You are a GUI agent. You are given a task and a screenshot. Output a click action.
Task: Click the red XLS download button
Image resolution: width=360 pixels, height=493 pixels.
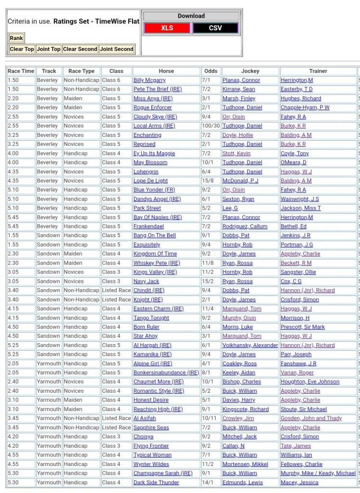pos(167,28)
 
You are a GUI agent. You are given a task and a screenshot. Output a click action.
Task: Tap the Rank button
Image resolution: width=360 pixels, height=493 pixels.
pos(16,38)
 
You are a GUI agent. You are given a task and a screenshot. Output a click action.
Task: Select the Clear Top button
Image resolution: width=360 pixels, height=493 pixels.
pos(22,49)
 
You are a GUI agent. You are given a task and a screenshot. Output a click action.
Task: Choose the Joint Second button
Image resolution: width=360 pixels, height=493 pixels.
pos(117,49)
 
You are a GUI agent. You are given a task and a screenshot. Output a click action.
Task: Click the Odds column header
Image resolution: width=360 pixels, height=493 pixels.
pos(211,71)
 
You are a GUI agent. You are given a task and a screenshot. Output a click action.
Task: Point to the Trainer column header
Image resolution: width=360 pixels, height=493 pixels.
pos(318,71)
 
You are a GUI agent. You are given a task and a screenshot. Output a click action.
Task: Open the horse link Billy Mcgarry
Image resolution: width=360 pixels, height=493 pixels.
pos(149,80)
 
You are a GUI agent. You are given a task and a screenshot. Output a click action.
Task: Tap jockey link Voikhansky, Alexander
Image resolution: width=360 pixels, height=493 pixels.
pos(250,345)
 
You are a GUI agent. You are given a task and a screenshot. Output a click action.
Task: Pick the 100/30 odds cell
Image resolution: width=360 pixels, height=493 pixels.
pos(211,126)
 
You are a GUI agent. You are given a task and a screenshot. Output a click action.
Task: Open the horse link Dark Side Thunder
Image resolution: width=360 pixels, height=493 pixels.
pos(156,482)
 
